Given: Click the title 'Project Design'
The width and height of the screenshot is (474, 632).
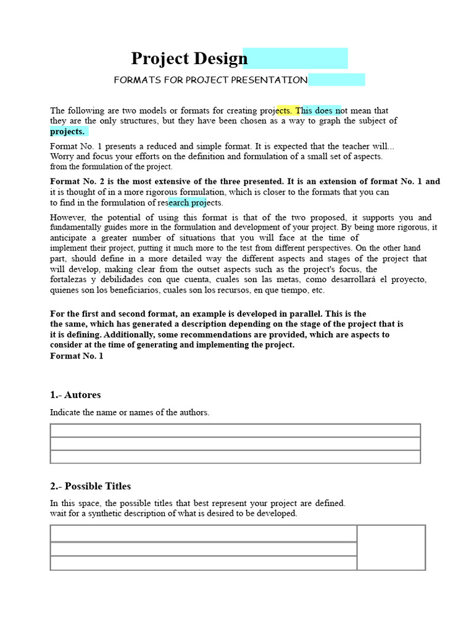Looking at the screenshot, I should pos(189,59).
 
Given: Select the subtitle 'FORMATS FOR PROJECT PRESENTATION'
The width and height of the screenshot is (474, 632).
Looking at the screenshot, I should pos(210,80).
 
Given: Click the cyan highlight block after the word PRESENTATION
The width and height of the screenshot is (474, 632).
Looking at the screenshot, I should pos(336,80).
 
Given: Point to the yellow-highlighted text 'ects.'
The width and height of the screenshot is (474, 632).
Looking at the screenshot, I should pos(285,110).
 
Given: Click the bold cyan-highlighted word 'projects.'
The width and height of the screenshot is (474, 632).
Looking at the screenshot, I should pos(67,131).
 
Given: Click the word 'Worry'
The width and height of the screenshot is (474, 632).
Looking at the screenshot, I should pos(62,157).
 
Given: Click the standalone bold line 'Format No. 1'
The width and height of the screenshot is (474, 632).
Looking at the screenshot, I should pos(77,357).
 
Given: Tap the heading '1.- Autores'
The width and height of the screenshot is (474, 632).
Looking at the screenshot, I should pos(75,395).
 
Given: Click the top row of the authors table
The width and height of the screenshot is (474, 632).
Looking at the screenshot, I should pos(235,430).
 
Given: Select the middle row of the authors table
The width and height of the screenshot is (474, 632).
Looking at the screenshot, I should pos(235,444).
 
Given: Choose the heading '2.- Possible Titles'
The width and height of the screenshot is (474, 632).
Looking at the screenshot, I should pos(90,486).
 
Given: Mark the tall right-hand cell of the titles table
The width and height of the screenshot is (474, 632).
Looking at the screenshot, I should pos(391,547).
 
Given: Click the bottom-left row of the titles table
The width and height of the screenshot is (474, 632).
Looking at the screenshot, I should pos(203,563).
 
